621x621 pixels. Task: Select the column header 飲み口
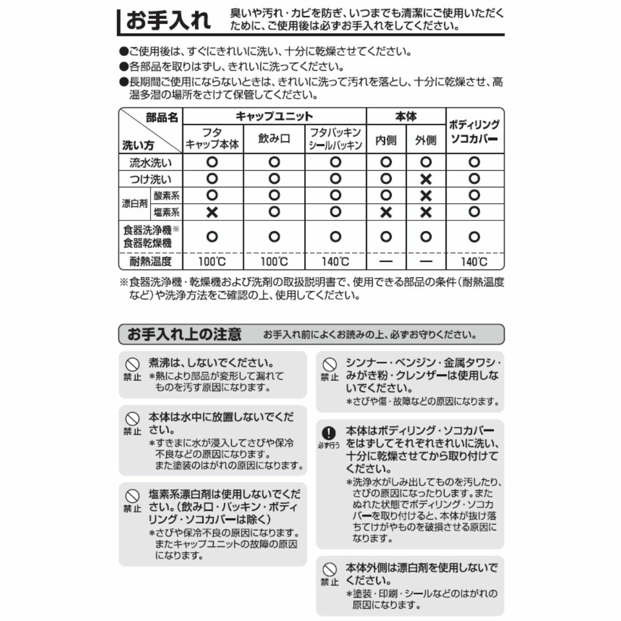click(274, 139)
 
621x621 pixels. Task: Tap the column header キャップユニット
click(274, 116)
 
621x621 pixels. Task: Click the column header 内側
click(386, 140)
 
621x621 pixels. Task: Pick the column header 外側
click(426, 140)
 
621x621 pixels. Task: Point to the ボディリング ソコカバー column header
click(474, 131)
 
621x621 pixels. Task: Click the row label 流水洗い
click(151, 162)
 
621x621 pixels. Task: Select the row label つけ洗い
click(151, 179)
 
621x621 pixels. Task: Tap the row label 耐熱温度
click(151, 261)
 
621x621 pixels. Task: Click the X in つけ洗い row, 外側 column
click(426, 179)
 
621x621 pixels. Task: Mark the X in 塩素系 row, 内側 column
click(386, 212)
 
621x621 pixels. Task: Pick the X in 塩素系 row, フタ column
click(212, 212)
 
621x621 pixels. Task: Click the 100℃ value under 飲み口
click(274, 261)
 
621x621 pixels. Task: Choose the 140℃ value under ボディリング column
click(474, 261)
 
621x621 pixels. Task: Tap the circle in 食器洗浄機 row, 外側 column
click(426, 236)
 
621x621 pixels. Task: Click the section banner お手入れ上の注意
click(184, 334)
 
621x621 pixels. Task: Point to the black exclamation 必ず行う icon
click(329, 433)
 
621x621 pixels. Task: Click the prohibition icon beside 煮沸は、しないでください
click(132, 364)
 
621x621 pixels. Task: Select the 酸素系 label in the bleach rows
click(167, 196)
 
